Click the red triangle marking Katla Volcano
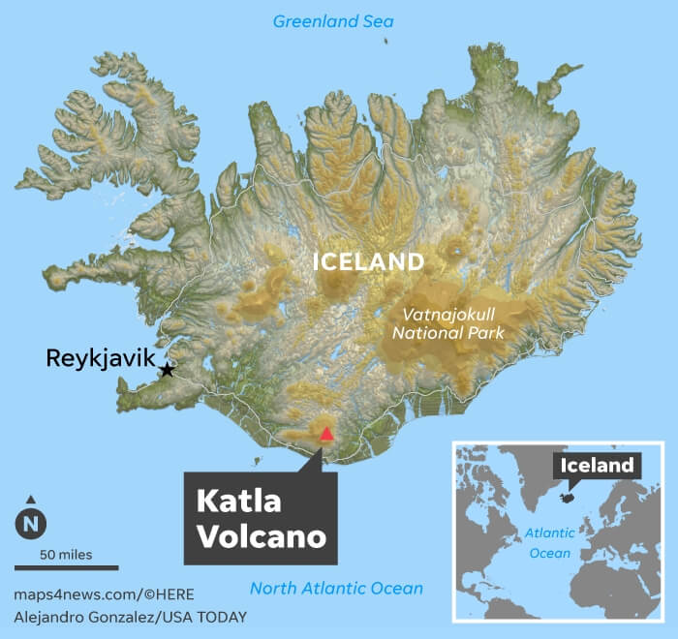326,435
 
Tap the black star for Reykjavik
168,369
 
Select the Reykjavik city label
100,359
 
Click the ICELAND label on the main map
367,261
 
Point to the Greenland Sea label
333,21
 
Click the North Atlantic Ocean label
336,588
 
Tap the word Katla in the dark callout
238,501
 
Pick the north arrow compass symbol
31,522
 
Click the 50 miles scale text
66,555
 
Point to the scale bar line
66,567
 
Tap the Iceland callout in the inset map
597,466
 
